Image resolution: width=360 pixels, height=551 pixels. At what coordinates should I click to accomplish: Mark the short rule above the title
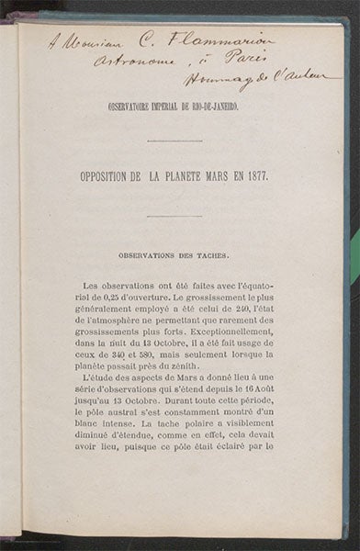point(174,141)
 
